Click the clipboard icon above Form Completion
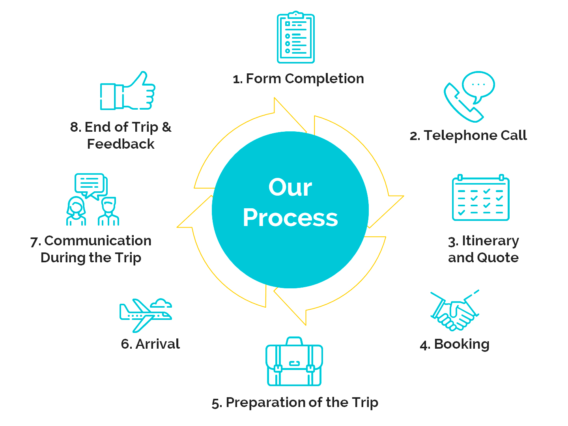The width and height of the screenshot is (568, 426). (295, 38)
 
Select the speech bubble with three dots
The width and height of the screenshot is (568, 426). (478, 85)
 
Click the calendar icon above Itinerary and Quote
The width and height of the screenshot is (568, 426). (480, 198)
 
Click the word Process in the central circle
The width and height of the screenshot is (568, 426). (290, 218)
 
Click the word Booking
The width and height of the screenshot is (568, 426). (461, 344)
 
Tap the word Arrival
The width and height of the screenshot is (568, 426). (157, 344)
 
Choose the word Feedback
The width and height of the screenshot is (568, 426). (121, 144)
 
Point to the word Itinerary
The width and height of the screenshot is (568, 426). (490, 241)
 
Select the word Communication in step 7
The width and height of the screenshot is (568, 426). (98, 241)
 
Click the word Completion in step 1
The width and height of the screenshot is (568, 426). (324, 79)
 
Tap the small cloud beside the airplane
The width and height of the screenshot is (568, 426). (161, 303)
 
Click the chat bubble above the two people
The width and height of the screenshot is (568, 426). (90, 184)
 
